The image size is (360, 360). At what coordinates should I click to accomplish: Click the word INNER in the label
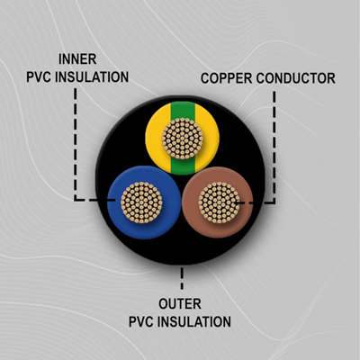pos(77,59)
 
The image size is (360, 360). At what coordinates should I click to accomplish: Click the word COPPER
pos(226,78)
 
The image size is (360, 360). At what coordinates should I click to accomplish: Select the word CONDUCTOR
pos(296,78)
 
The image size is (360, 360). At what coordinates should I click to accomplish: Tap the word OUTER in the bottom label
pos(180,304)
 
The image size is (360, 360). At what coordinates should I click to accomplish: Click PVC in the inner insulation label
pos(40,77)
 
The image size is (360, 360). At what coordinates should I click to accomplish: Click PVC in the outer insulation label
pos(142,322)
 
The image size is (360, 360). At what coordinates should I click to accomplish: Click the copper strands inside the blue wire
pos(141,202)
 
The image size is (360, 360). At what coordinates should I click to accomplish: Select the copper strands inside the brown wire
pos(220,202)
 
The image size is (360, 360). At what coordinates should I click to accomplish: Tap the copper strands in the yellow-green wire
pos(183,139)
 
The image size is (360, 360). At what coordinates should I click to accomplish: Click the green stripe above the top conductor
pos(183,110)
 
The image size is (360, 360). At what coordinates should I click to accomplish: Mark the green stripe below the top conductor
pos(183,166)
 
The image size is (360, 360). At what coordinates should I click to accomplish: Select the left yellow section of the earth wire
pos(154,138)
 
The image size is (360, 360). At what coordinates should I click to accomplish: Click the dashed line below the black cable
pos(182,278)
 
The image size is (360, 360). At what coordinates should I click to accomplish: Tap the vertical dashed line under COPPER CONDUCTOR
pos(274,147)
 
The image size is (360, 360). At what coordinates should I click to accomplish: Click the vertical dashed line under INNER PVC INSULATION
pos(76,144)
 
